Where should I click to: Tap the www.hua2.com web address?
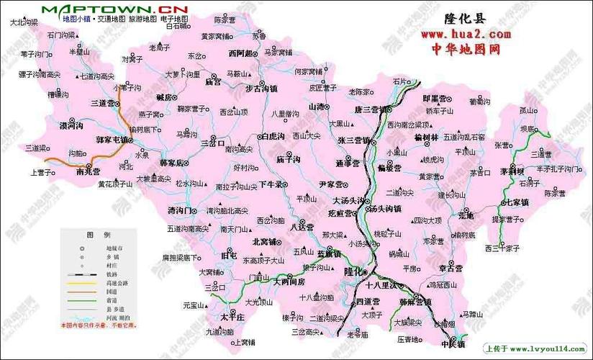(466, 34)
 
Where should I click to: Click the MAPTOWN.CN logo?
(114, 9)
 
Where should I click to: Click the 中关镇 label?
(453, 344)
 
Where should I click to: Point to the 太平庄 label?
(233, 317)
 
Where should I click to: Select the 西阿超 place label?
(240, 53)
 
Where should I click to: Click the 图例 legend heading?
(98, 235)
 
